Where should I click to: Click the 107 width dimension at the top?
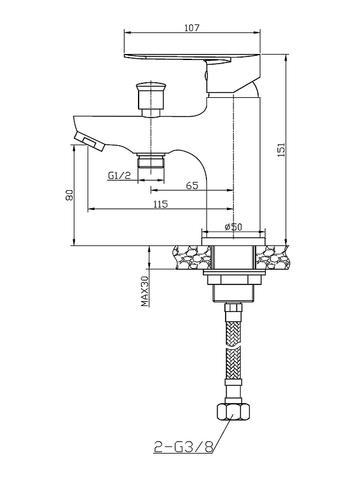[x=191, y=28]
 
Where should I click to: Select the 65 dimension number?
[x=192, y=185]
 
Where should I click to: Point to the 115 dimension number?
[x=161, y=204]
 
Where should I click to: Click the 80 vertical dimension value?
[x=70, y=195]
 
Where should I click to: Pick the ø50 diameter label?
[x=233, y=227]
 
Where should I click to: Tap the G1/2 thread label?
[x=119, y=175]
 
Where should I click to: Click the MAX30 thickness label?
[x=145, y=291]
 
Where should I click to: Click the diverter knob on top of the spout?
[x=151, y=98]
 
